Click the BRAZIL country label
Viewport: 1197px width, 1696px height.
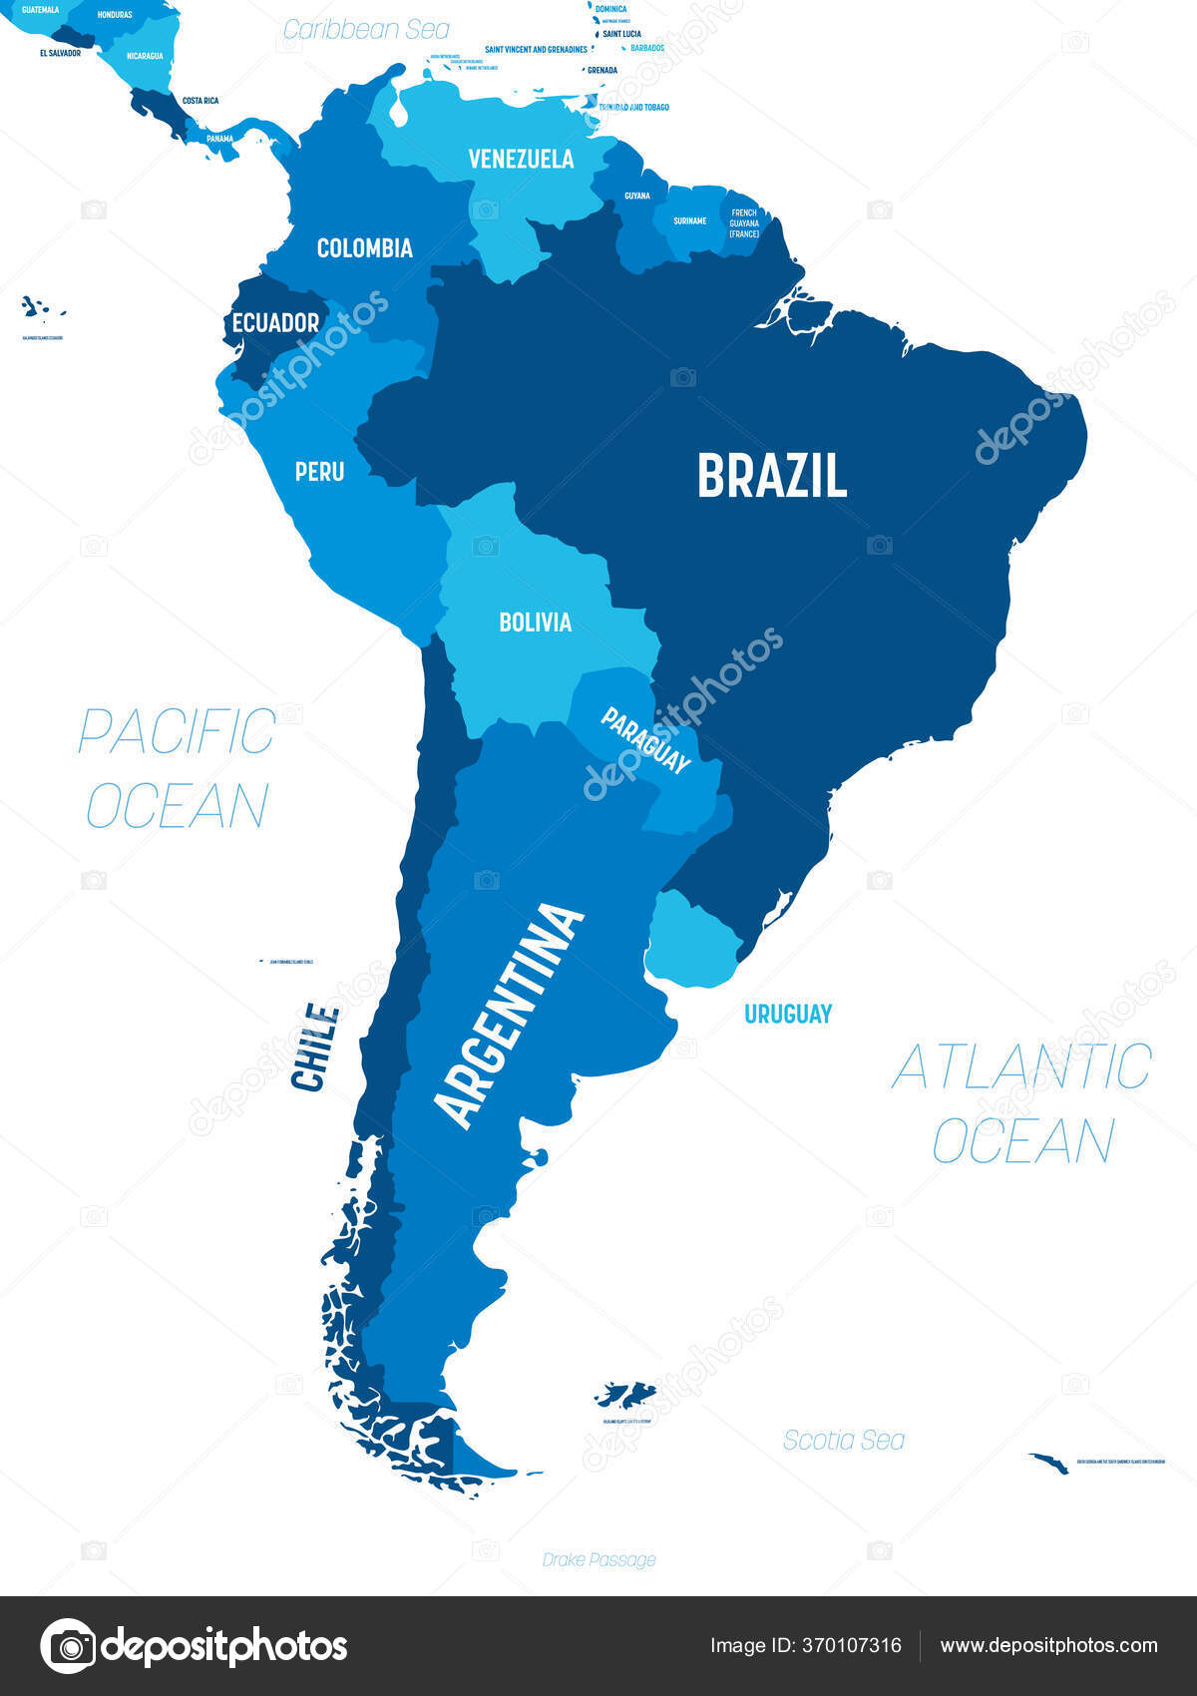point(772,476)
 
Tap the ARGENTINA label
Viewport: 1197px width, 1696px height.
point(510,1016)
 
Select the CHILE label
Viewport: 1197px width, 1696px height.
point(315,1048)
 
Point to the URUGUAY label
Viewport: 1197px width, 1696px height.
point(787,1014)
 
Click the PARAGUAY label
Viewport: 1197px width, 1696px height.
point(645,740)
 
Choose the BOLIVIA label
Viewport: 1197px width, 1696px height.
point(535,623)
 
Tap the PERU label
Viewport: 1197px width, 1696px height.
point(319,471)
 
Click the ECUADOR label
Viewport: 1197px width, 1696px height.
point(275,323)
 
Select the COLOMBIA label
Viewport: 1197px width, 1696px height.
point(364,248)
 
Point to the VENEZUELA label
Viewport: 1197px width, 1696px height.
point(521,159)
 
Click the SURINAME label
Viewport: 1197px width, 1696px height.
point(689,220)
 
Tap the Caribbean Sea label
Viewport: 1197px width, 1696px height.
point(366,30)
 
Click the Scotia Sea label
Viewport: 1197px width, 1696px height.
point(843,1440)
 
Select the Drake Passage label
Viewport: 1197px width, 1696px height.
point(598,1559)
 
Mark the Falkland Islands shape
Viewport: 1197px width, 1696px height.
point(625,1394)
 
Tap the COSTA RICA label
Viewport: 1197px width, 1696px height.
point(199,101)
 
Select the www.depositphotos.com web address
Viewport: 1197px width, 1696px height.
point(1048,1646)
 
